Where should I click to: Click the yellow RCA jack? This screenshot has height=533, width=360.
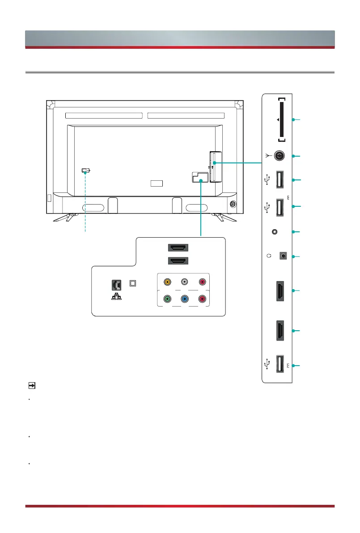point(167,282)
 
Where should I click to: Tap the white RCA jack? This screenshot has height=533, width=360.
point(184,282)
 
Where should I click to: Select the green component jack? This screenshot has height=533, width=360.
point(167,299)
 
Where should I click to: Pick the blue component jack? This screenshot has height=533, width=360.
point(184,299)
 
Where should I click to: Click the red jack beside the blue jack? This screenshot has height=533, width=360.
point(202,299)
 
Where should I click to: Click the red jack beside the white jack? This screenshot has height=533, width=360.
point(202,282)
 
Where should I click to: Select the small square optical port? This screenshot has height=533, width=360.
point(132,283)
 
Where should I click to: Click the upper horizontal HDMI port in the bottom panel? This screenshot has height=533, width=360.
point(178,247)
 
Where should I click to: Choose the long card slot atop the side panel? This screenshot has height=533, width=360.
point(281,119)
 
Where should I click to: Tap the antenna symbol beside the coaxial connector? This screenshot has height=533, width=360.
point(267,156)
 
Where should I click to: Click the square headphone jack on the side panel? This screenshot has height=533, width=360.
point(282,256)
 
